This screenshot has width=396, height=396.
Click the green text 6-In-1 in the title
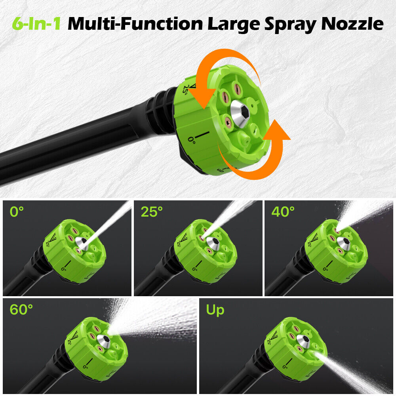pyautogui.click(x=36, y=24)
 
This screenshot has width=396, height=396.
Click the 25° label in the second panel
pyautogui.click(x=152, y=212)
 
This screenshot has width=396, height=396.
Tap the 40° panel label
pyautogui.click(x=283, y=212)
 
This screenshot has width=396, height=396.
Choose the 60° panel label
pyautogui.click(x=21, y=310)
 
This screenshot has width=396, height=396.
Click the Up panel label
pyautogui.click(x=215, y=310)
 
